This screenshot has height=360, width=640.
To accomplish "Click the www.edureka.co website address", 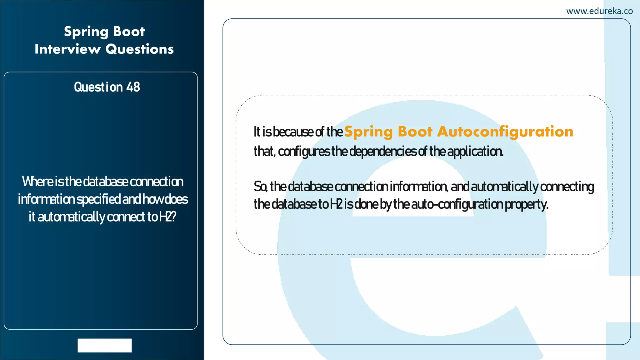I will (x=599, y=11).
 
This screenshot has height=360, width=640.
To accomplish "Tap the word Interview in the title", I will (x=67, y=49).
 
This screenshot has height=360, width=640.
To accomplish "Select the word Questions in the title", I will (x=139, y=49).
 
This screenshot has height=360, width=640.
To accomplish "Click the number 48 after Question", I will (x=133, y=87).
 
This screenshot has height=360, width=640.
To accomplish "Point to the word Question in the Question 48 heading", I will (x=98, y=87).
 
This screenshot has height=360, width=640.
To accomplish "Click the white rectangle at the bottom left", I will (x=104, y=345).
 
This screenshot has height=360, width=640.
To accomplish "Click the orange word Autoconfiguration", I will (x=505, y=132).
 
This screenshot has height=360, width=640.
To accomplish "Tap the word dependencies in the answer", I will (x=383, y=152).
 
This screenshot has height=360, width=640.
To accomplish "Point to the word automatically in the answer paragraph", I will (x=504, y=187).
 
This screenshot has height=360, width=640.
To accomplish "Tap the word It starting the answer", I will (x=257, y=132).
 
